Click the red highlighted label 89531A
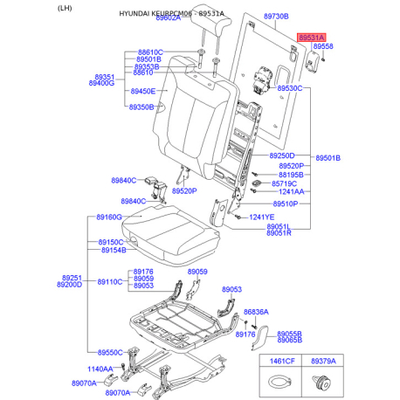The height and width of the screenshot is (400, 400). [311, 39]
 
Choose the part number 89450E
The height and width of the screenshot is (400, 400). [142, 91]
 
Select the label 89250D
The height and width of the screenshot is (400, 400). [280, 155]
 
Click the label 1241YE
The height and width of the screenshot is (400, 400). [261, 217]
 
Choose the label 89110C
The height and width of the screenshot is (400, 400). [110, 282]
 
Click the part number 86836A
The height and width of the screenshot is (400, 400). [256, 311]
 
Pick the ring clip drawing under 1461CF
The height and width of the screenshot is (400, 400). [278, 380]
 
